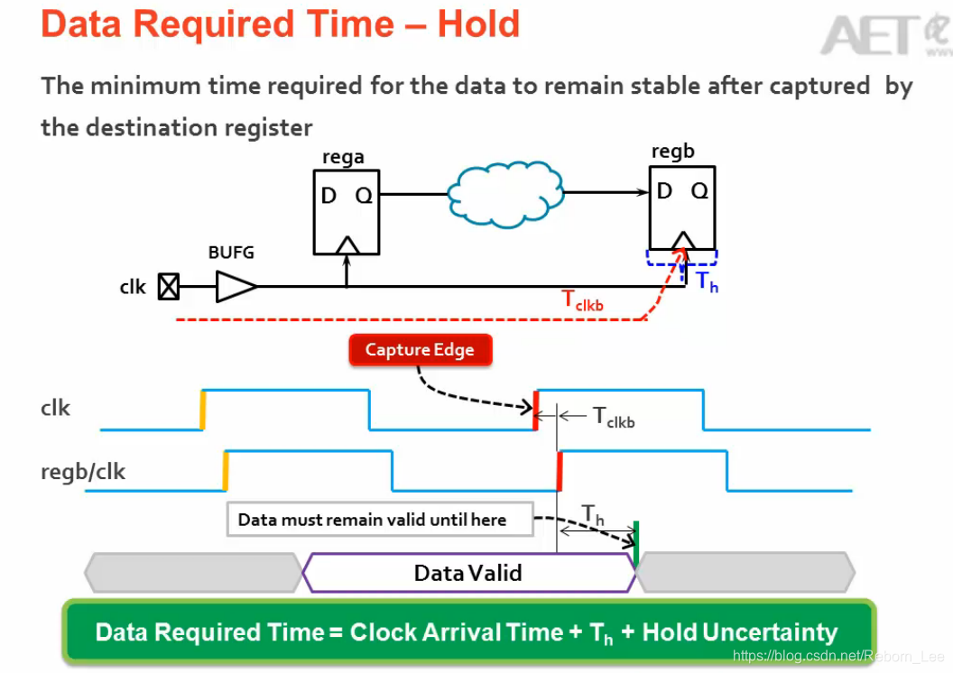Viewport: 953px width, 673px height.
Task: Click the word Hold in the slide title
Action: (x=478, y=23)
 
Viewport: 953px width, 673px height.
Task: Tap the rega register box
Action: (x=347, y=213)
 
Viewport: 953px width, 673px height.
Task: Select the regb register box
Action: (x=682, y=207)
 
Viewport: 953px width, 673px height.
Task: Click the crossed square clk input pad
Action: (x=169, y=287)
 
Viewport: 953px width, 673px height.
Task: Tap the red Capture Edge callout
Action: (x=420, y=350)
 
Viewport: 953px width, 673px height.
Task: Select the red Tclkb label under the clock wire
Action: (x=583, y=300)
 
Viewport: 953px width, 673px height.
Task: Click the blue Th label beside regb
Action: (x=707, y=281)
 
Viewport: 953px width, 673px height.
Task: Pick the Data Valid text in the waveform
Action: (x=467, y=573)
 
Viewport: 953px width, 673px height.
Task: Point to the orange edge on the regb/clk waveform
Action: (x=225, y=471)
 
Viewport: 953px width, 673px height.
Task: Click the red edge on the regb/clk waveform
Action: (x=560, y=471)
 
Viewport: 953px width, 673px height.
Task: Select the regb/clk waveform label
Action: (x=83, y=471)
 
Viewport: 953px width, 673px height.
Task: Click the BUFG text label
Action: (x=231, y=253)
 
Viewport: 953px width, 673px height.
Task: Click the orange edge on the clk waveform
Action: (x=203, y=409)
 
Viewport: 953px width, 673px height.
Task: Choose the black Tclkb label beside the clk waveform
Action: (x=614, y=417)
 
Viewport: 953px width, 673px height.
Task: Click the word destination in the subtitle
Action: (x=175, y=127)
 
